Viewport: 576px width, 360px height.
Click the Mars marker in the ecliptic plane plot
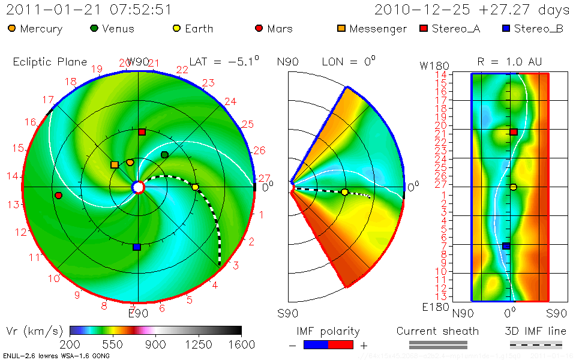58,196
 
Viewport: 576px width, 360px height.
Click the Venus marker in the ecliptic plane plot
165,155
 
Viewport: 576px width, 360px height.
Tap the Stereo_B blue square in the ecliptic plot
137,247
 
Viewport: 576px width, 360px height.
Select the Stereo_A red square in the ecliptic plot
142,131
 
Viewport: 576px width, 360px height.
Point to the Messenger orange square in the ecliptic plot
115,164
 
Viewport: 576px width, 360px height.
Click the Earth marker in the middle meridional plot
344,192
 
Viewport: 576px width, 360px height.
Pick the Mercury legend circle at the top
12,28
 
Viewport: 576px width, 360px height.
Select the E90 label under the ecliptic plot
139,313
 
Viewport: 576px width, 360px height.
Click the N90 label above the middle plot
288,62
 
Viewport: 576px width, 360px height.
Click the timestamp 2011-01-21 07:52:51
89,10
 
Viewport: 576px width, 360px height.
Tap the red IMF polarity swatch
340,344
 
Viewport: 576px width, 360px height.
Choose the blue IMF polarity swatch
316,344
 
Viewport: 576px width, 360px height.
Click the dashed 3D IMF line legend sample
536,344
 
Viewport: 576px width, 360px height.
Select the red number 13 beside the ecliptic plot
14,205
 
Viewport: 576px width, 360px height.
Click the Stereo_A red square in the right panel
514,131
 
